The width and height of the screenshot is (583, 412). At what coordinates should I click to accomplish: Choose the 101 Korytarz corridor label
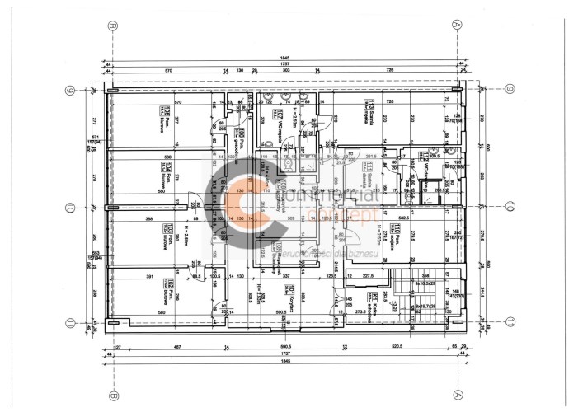[x=291, y=290]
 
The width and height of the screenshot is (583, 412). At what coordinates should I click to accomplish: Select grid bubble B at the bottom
[x=110, y=394]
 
